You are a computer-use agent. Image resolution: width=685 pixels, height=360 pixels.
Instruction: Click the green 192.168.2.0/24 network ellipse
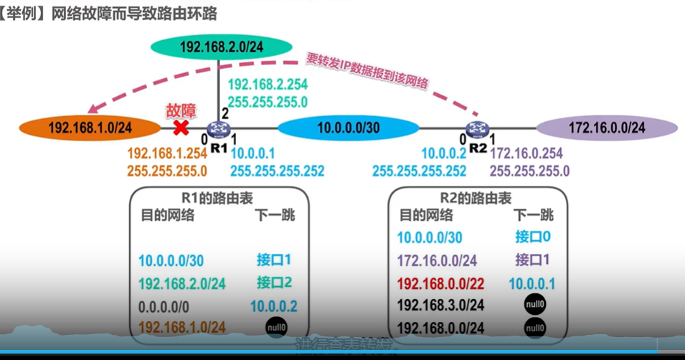tap(222, 47)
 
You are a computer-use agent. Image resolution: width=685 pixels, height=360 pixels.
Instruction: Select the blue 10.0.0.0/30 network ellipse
tap(348, 128)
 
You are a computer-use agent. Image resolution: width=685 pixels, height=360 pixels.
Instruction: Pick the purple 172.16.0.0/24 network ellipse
tap(607, 128)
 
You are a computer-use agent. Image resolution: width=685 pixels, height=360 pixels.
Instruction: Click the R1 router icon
tap(219, 130)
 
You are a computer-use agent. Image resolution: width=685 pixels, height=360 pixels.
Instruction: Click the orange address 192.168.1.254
tap(167, 153)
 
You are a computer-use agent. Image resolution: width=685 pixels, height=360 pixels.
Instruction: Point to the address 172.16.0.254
tap(526, 153)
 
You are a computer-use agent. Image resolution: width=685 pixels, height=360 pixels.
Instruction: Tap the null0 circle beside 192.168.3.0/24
tap(535, 304)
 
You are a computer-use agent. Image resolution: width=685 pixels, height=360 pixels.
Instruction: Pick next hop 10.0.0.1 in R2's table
tap(532, 283)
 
